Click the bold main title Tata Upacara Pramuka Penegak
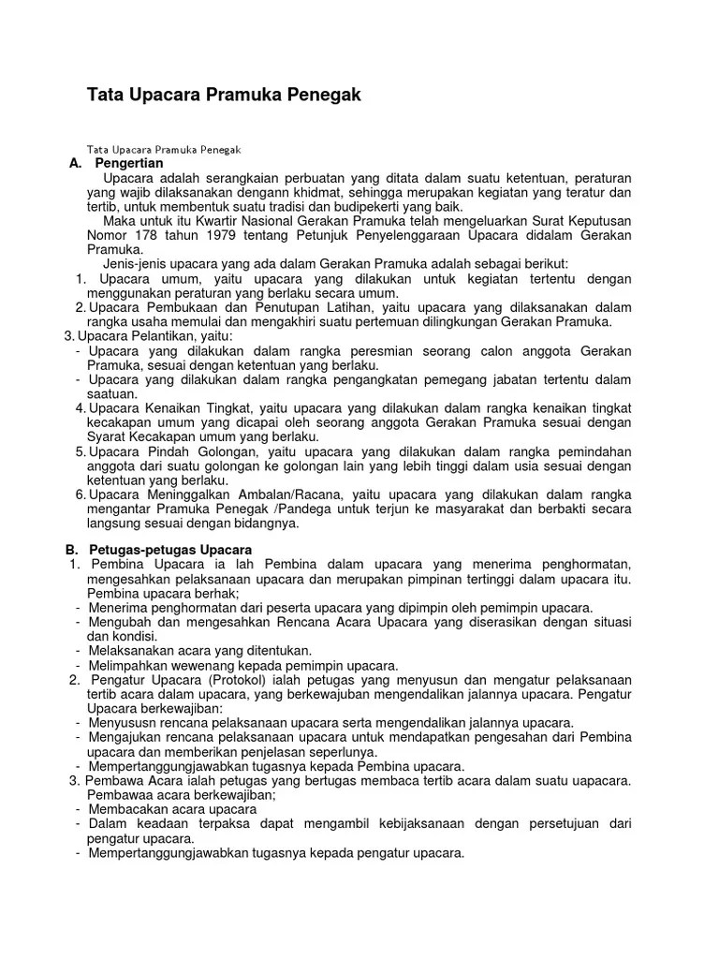[224, 95]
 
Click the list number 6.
[81, 494]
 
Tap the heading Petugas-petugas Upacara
[170, 549]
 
